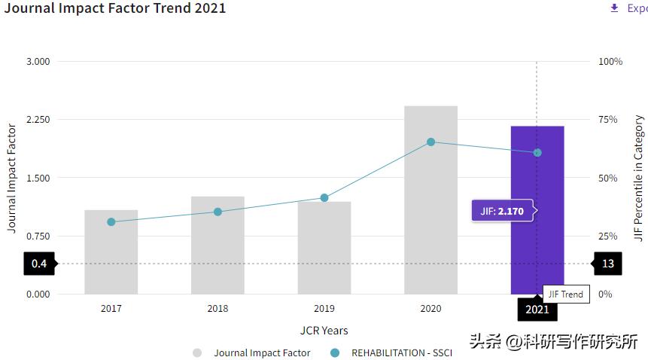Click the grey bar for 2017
click(111, 252)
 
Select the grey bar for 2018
click(218, 246)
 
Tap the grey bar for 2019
click(324, 248)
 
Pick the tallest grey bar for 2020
click(431, 200)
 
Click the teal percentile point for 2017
click(111, 222)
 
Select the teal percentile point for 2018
click(218, 212)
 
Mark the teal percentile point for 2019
click(324, 198)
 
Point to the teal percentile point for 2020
click(431, 142)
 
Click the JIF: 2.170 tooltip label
click(502, 211)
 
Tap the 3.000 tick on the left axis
click(38, 61)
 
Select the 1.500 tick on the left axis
click(38, 178)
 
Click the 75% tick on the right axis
click(608, 120)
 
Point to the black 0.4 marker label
click(39, 264)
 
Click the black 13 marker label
click(608, 264)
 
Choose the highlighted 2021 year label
click(537, 309)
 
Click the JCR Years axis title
click(324, 331)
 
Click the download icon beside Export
click(615, 8)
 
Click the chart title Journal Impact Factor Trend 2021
click(114, 8)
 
